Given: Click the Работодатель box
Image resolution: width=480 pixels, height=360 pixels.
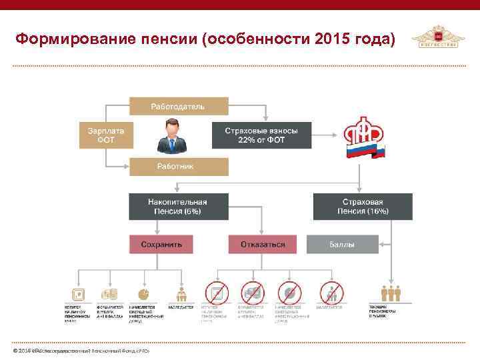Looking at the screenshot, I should (x=178, y=107).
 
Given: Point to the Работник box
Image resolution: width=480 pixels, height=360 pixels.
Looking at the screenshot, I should (x=178, y=166).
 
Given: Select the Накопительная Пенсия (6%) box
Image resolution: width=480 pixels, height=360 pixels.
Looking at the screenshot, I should (x=178, y=207).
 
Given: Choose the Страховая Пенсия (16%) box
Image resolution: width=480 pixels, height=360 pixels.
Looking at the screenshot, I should (x=363, y=207).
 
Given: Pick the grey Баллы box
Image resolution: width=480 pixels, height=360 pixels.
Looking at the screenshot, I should (x=342, y=245).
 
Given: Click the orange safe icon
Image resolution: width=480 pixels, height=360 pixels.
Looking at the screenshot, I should (x=79, y=293).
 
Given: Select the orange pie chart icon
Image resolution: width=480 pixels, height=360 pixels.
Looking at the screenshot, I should (x=143, y=293).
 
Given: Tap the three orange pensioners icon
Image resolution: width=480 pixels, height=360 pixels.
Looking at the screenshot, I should (x=389, y=293).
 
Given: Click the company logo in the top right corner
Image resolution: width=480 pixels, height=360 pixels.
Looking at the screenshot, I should (x=435, y=37).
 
